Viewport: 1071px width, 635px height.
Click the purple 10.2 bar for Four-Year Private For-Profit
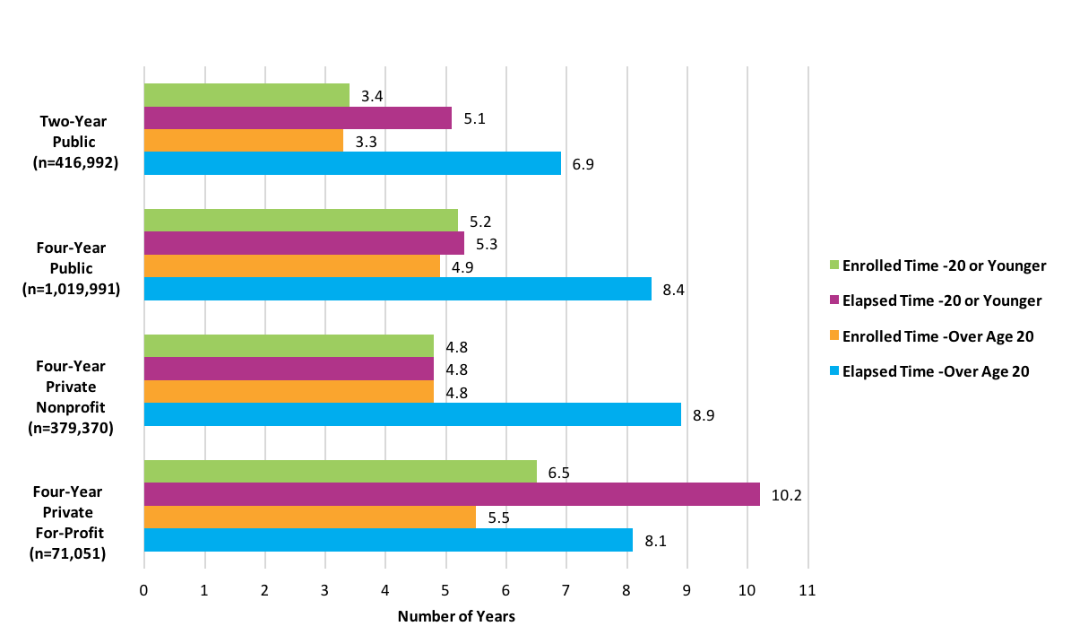452,494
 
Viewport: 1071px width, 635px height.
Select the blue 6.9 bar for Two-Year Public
352,163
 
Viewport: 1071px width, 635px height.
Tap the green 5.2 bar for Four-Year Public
300,221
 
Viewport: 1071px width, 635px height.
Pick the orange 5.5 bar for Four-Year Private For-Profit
309,517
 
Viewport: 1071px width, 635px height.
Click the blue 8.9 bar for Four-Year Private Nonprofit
412,414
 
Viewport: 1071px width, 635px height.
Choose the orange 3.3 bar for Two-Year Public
243,141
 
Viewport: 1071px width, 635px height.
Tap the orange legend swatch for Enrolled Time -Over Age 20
834,336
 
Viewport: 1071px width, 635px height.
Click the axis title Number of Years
456,617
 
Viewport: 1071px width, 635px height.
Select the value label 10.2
785,495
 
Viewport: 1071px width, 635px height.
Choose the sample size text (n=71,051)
67,554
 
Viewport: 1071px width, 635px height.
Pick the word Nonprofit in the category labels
71,406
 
